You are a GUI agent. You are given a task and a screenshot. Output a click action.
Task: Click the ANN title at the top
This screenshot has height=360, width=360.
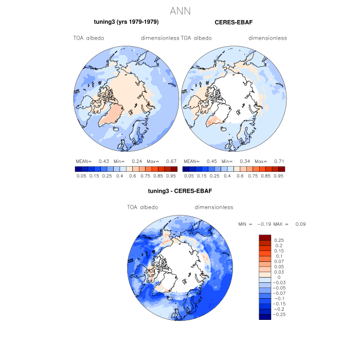(x=180, y=11)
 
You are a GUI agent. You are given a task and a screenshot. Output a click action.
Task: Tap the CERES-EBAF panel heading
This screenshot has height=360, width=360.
(x=233, y=22)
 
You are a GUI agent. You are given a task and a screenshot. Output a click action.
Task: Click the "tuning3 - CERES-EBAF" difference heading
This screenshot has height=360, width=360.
(x=180, y=191)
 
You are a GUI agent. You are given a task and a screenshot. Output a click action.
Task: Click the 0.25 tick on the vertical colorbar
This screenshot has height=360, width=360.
(x=279, y=240)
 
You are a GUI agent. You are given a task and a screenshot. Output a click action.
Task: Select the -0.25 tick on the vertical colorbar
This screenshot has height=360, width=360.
(x=281, y=314)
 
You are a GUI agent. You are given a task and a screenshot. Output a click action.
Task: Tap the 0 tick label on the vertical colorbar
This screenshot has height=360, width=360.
(x=278, y=277)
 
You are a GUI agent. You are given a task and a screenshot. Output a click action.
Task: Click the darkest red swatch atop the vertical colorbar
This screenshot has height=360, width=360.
(x=265, y=237)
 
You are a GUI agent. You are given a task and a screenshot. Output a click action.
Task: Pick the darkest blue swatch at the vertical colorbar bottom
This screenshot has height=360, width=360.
(x=265, y=317)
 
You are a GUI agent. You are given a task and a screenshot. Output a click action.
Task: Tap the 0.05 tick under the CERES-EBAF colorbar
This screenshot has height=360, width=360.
(x=189, y=175)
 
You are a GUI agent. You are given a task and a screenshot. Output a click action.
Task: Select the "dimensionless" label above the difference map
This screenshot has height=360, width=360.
(x=214, y=207)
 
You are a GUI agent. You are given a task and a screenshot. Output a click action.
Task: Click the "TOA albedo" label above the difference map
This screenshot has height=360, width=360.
(x=142, y=207)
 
